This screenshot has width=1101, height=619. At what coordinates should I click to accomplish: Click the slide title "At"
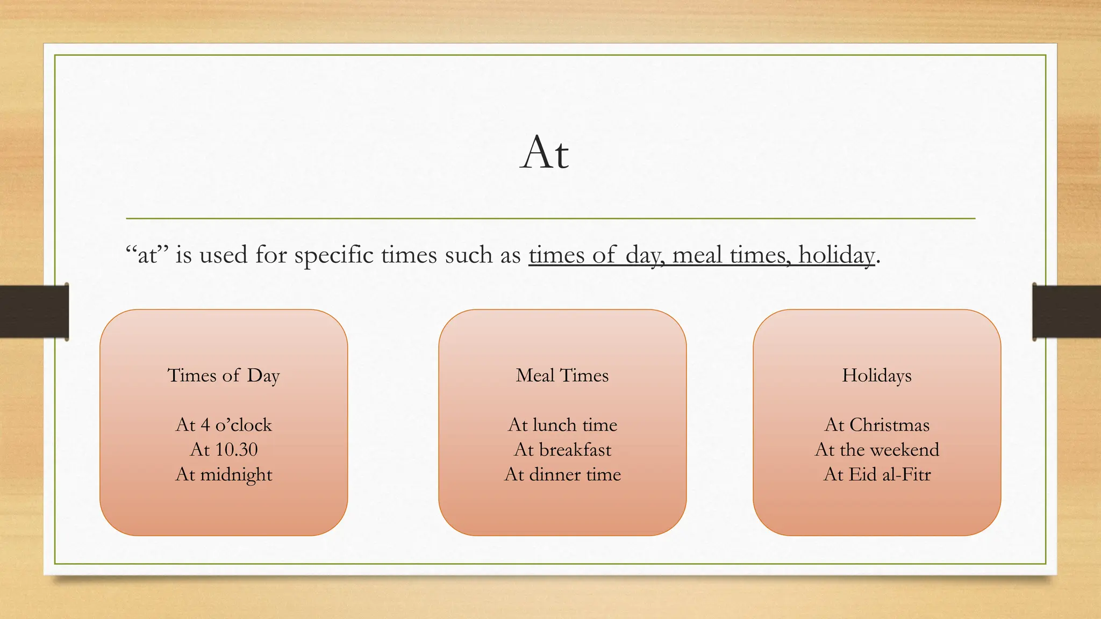coord(544,153)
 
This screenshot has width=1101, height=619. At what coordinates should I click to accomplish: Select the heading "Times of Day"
coord(224,376)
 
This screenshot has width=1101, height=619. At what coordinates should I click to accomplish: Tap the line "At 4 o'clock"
coord(224,425)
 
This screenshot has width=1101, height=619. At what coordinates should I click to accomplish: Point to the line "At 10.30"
coord(224,450)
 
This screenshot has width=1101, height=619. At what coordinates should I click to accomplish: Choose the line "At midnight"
coord(224,474)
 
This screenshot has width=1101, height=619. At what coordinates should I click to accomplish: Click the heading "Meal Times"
coord(562,376)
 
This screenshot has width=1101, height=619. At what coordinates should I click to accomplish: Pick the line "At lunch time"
coord(562,425)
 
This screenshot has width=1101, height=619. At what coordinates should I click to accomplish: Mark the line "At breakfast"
coord(562,450)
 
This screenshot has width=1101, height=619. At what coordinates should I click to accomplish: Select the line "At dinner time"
coord(562,474)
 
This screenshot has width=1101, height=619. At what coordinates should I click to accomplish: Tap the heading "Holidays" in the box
coord(877,376)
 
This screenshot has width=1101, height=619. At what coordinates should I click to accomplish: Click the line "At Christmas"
coord(877,425)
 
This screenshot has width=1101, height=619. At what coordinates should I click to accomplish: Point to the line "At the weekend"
coord(877,450)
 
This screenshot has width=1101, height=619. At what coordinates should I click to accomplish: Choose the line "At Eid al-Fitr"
coord(877,474)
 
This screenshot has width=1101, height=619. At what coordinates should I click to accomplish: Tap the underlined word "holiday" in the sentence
coord(837,255)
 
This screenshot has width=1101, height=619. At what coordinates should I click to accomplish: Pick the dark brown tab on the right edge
coord(1067,312)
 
